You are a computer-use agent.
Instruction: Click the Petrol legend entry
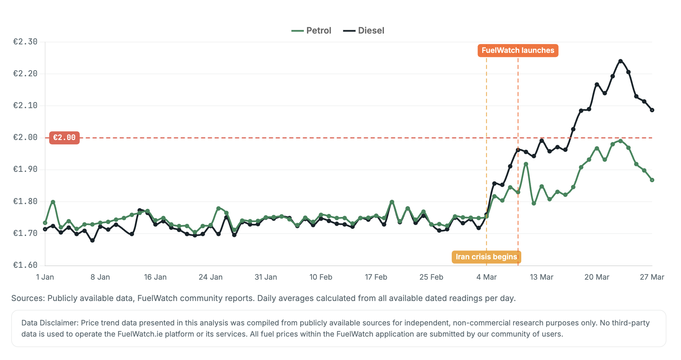tap(311, 31)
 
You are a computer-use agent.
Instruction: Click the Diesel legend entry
tap(364, 31)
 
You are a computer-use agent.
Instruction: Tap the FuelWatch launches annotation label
tap(518, 51)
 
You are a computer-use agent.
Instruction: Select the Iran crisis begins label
tap(486, 257)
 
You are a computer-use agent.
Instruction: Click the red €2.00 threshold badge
tap(64, 138)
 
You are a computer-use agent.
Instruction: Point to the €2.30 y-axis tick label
tap(25, 42)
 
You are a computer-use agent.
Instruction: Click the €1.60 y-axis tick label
tap(25, 265)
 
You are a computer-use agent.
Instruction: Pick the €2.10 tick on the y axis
tap(25, 105)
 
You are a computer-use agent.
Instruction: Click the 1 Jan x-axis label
tap(45, 277)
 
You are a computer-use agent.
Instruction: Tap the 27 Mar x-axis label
tap(651, 277)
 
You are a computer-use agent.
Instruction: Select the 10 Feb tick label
tap(320, 277)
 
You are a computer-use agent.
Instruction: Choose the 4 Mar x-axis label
tap(486, 277)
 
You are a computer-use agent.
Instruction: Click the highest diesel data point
tap(620, 61)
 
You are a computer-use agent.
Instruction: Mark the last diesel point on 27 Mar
tap(652, 110)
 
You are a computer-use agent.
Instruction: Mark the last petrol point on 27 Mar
tap(652, 180)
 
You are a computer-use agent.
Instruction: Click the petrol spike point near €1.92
tap(526, 164)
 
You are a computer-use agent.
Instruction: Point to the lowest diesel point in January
tap(92, 240)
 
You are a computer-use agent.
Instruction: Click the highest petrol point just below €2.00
tap(620, 141)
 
